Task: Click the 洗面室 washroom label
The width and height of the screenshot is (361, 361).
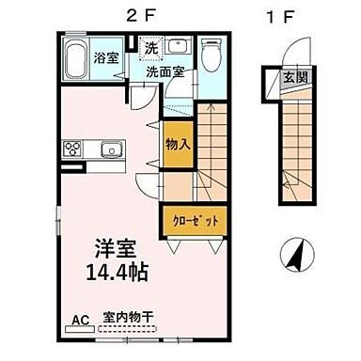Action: [x=163, y=71]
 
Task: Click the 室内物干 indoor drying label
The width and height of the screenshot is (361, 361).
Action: [x=130, y=319]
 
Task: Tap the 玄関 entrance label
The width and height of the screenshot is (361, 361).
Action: [x=294, y=77]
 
